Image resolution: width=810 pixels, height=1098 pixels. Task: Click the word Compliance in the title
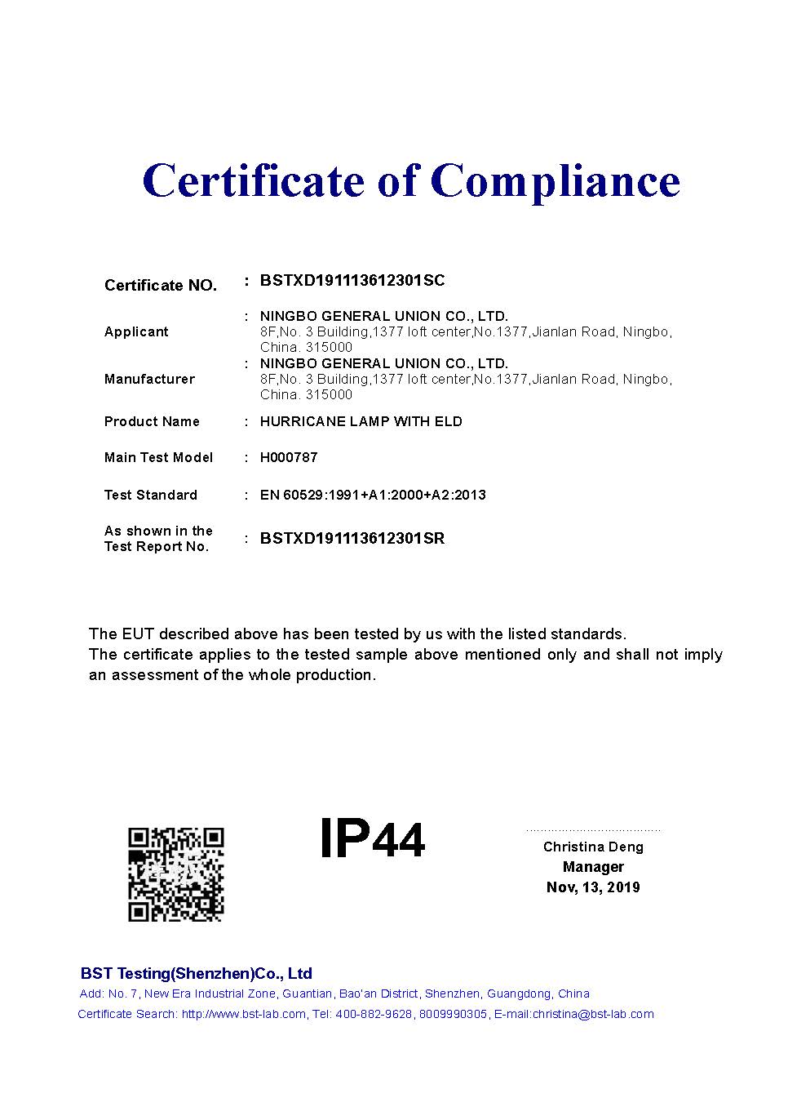click(x=555, y=180)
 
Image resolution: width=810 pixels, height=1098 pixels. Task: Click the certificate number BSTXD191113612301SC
click(x=352, y=281)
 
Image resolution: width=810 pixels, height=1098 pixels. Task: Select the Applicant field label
click(x=136, y=331)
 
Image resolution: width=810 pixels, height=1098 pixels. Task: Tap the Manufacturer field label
click(x=149, y=379)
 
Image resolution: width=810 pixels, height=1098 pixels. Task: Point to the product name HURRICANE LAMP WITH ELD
click(x=361, y=421)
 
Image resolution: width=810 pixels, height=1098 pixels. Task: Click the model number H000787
click(x=289, y=457)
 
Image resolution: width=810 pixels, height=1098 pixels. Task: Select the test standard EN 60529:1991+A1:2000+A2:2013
click(x=373, y=495)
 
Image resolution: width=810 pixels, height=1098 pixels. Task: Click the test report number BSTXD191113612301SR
click(x=352, y=539)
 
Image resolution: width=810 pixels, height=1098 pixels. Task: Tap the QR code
click(x=176, y=874)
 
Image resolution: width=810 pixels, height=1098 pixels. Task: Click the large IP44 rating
click(x=372, y=838)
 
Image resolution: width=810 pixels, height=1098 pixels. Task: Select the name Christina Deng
click(x=593, y=847)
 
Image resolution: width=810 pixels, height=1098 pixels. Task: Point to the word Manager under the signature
click(x=593, y=867)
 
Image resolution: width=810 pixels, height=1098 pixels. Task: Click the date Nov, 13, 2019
click(x=593, y=887)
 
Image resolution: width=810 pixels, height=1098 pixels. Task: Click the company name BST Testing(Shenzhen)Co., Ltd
click(x=196, y=973)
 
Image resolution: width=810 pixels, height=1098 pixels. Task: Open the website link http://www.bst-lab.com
click(x=244, y=1015)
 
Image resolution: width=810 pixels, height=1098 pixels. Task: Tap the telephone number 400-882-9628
click(x=374, y=1015)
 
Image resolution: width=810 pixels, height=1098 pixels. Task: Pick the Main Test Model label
click(x=158, y=457)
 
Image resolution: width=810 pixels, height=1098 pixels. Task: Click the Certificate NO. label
click(x=161, y=286)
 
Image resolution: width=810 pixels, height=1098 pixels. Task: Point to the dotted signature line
click(x=593, y=830)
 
